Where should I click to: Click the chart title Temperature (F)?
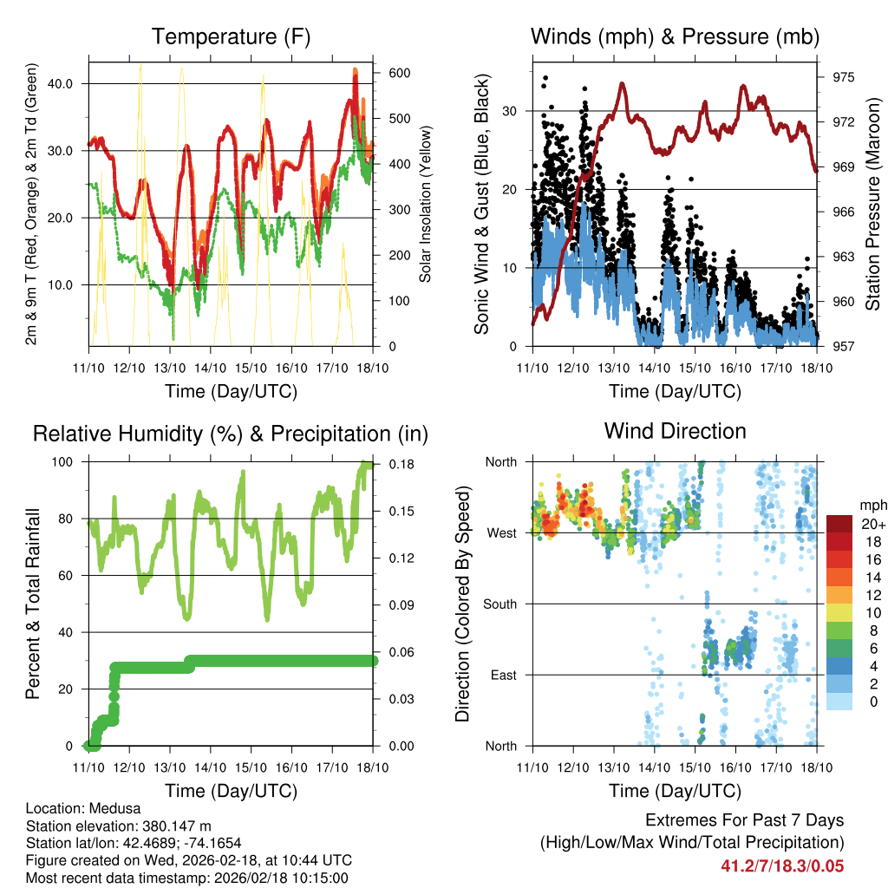(231, 36)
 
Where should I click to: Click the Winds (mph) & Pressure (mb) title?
(675, 36)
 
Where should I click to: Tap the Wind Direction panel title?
(675, 431)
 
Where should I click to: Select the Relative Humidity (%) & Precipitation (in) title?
(231, 434)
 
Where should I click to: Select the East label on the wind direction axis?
(504, 675)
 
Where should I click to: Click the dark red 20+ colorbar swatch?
(839, 524)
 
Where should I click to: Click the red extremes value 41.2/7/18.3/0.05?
(782, 865)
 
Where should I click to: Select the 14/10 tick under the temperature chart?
(210, 368)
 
